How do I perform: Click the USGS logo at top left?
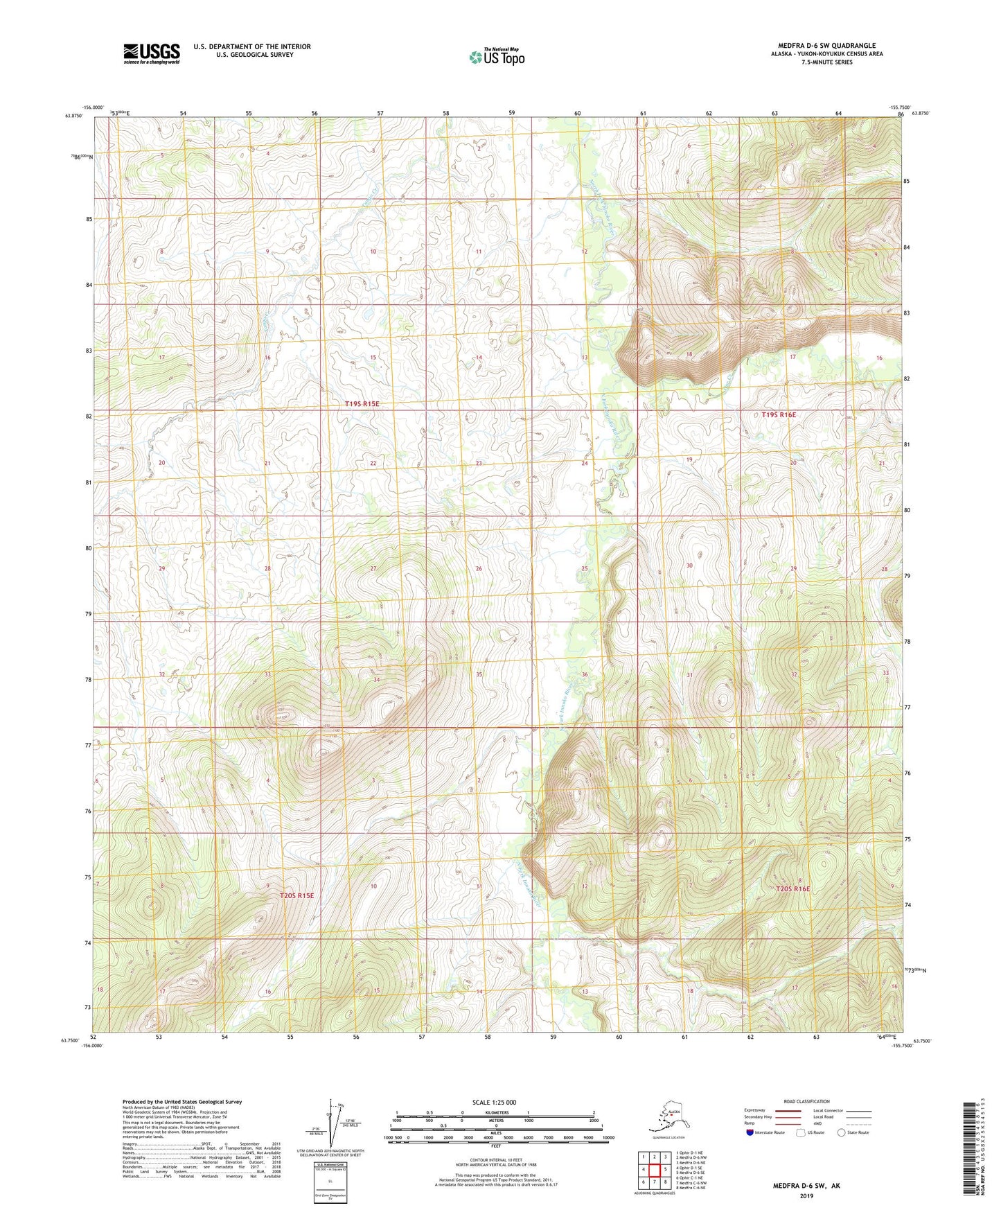[151, 53]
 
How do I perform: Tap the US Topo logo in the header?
[496, 57]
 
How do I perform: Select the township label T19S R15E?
[362, 403]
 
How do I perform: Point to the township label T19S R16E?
[779, 414]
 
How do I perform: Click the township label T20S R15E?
[296, 895]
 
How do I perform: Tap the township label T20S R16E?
[792, 888]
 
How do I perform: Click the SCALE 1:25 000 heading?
[495, 1102]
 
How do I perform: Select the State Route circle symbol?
[841, 1132]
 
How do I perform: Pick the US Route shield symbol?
[801, 1132]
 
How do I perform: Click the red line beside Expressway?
[791, 1110]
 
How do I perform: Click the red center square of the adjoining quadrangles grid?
[654, 1169]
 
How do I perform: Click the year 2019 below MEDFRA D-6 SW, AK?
[806, 1195]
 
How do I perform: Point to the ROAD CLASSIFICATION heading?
[806, 1101]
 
